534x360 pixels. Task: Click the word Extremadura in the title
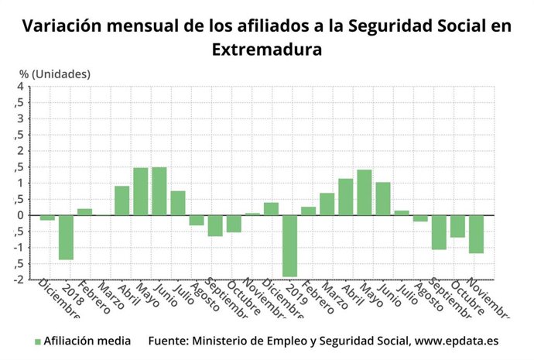[266, 49]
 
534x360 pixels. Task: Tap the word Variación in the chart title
[63, 26]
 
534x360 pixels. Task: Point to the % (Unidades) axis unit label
[55, 74]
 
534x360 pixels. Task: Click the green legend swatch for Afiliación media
[37, 341]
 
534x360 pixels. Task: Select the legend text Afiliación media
[87, 341]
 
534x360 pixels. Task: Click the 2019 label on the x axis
[295, 293]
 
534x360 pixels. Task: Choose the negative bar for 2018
[66, 237]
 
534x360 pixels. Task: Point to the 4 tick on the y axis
[20, 86]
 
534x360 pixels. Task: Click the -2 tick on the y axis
[18, 279]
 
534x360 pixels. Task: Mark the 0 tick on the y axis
[20, 215]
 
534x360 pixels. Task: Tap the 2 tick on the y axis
[20, 150]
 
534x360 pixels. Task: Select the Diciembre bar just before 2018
[47, 218]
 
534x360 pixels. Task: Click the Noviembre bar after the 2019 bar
[476, 234]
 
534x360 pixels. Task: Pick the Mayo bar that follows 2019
[364, 192]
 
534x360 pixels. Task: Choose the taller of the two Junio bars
[159, 191]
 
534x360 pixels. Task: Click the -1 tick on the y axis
[18, 247]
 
